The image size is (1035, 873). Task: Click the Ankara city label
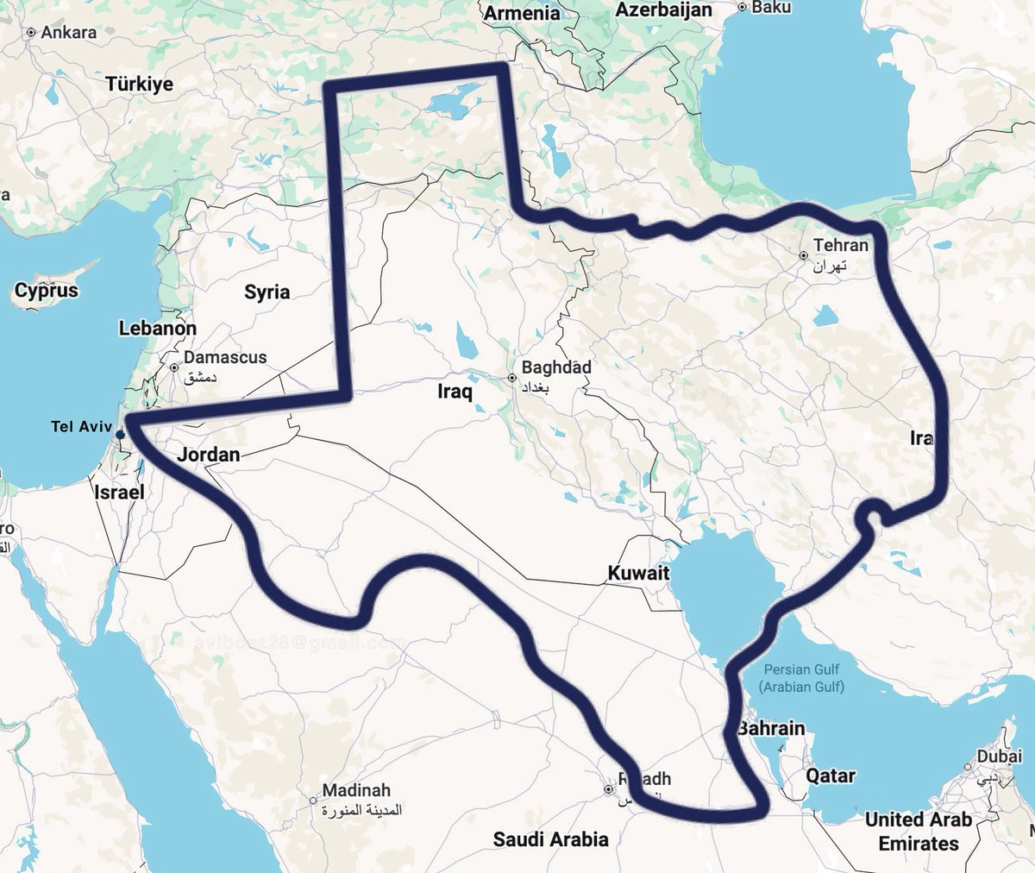click(68, 33)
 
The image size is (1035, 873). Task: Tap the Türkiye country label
click(140, 84)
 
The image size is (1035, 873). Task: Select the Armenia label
click(521, 13)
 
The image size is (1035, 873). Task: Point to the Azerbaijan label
click(663, 9)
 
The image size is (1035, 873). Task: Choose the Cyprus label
click(47, 291)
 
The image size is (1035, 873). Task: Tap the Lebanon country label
click(158, 329)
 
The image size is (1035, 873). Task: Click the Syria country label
click(267, 292)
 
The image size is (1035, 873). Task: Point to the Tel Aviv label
click(82, 426)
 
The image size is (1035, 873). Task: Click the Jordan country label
click(209, 455)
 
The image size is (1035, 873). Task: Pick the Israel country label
click(119, 492)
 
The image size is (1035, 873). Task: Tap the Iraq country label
click(455, 393)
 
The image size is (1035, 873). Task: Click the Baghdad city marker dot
click(512, 378)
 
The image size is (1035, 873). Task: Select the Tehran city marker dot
click(803, 255)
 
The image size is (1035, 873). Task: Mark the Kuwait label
click(638, 573)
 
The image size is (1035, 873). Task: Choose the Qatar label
click(831, 776)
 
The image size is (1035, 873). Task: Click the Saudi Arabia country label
click(550, 838)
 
